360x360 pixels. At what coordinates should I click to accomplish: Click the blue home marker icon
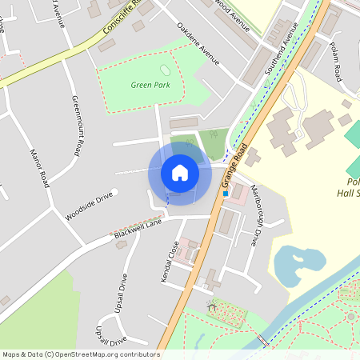pyautogui.click(x=180, y=173)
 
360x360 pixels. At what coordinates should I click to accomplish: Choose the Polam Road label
pyautogui.click(x=335, y=63)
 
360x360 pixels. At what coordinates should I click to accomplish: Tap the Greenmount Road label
pyautogui.click(x=77, y=126)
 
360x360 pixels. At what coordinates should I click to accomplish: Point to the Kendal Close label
pyautogui.click(x=170, y=260)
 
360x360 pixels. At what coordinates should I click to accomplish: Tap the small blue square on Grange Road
pyautogui.click(x=226, y=194)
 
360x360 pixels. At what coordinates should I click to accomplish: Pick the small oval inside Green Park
pyautogui.click(x=166, y=70)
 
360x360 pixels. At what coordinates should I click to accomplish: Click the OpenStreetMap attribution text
pyautogui.click(x=80, y=354)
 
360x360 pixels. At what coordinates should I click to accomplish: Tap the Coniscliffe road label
pyautogui.click(x=120, y=18)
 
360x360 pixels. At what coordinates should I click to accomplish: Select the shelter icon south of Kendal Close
pyautogui.click(x=212, y=305)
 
